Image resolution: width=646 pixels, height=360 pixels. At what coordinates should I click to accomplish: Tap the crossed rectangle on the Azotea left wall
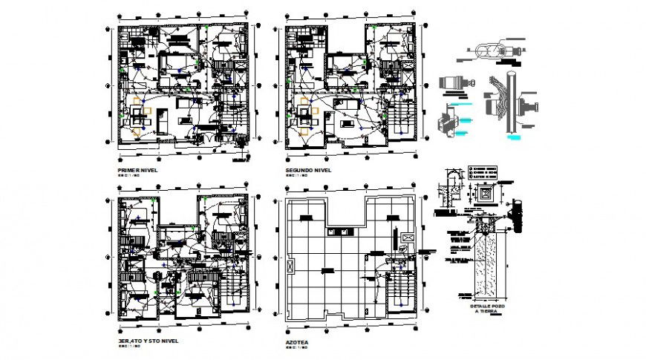click(290, 264)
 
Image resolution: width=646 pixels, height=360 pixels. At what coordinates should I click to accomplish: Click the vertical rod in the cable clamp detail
click(512, 104)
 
